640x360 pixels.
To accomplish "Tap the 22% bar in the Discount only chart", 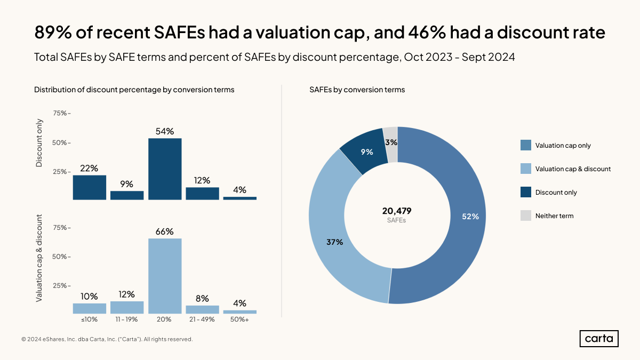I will [90, 187].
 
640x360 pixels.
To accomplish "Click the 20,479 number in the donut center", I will [397, 211].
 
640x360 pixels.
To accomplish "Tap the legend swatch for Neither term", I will [525, 215].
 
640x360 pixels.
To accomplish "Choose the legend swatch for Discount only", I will [525, 192].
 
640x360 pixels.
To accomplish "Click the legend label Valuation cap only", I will [563, 146].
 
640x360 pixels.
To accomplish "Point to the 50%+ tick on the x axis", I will [239, 319].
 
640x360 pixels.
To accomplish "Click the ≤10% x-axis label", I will [90, 319].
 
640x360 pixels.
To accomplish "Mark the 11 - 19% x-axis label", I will [127, 319].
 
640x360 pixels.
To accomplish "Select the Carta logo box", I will [599, 339].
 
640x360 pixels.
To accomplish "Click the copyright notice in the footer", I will [107, 339].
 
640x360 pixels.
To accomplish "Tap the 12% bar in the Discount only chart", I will [202, 194].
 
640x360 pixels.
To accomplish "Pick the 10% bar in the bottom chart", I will [90, 308].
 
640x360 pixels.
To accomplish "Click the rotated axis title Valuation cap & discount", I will [39, 258].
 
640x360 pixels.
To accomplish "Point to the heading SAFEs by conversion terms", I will [357, 90].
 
